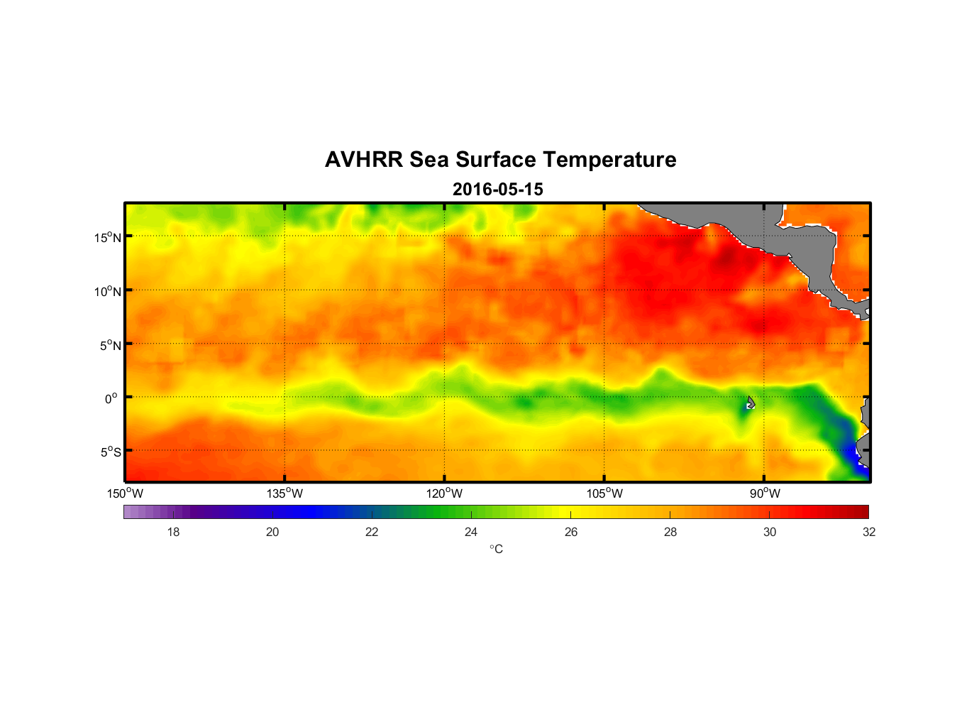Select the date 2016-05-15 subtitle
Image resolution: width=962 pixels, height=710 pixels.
[x=497, y=190]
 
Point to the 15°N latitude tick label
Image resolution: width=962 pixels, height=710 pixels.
[x=108, y=237]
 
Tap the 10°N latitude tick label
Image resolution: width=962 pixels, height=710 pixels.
[x=108, y=291]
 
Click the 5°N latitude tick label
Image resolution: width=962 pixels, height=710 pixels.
[x=110, y=345]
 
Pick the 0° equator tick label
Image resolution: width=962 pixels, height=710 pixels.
[x=111, y=398]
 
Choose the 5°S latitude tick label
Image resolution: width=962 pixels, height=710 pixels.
[x=110, y=452]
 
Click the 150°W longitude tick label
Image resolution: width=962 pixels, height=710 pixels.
[x=126, y=493]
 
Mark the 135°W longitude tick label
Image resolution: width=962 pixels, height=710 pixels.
[x=285, y=493]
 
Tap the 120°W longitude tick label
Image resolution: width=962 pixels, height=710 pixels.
[x=445, y=493]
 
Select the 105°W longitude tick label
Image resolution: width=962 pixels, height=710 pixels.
[x=604, y=493]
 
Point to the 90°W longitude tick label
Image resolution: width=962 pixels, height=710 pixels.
[x=765, y=493]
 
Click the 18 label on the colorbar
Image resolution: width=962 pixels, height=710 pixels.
[x=173, y=532]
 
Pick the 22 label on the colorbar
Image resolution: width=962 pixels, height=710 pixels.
[x=372, y=532]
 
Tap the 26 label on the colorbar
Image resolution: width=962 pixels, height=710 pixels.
[x=571, y=532]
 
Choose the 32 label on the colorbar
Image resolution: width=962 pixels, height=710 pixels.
[x=869, y=532]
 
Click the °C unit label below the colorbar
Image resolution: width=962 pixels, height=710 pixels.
[x=496, y=549]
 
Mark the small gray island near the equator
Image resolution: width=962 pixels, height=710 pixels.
[x=751, y=403]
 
